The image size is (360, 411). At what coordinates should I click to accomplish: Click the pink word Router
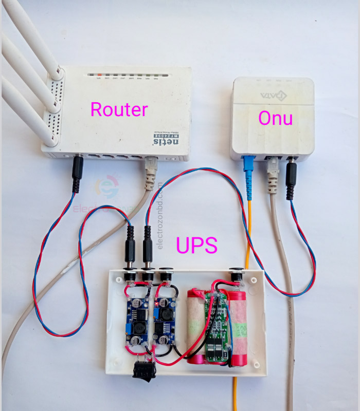(119, 109)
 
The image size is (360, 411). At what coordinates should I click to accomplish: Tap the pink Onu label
(276, 118)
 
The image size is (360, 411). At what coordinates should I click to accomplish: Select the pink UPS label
(196, 246)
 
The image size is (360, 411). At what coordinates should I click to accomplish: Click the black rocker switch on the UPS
(143, 370)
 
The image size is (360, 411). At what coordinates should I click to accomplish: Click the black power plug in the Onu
(292, 177)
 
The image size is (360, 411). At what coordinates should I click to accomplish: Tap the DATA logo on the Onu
(273, 96)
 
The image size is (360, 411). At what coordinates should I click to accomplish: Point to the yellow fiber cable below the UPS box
(236, 393)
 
